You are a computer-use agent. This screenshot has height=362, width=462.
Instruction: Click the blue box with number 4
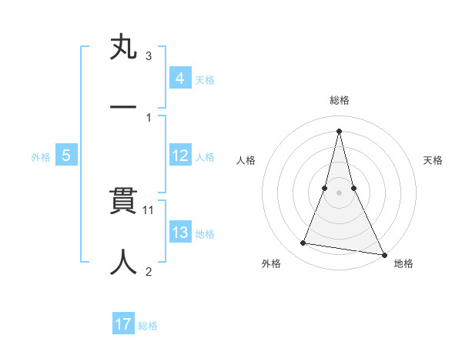pos(180,78)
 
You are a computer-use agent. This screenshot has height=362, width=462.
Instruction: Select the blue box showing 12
pos(180,156)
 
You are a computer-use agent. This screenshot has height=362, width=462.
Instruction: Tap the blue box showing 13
pos(180,233)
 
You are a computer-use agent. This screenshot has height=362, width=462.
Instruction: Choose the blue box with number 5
pos(66,156)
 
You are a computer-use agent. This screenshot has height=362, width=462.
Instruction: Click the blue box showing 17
pos(123,324)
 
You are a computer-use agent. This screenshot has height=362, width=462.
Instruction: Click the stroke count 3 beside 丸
pos(149,56)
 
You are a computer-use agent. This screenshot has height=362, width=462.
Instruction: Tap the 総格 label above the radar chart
pos(340,100)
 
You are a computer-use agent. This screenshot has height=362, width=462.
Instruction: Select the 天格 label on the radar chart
pos(434,160)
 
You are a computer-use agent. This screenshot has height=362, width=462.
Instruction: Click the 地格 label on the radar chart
pos(403,263)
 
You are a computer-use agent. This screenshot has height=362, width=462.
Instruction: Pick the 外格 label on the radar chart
pos(271,263)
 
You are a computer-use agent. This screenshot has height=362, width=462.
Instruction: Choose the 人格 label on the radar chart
pos(246,160)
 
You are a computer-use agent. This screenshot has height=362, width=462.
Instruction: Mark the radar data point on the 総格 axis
pos(339,129)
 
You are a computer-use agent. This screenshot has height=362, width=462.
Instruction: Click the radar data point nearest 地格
pos(383,254)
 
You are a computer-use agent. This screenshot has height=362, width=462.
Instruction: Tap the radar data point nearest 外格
pos(303,243)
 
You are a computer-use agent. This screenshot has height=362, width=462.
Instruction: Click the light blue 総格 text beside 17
pos(148,326)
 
